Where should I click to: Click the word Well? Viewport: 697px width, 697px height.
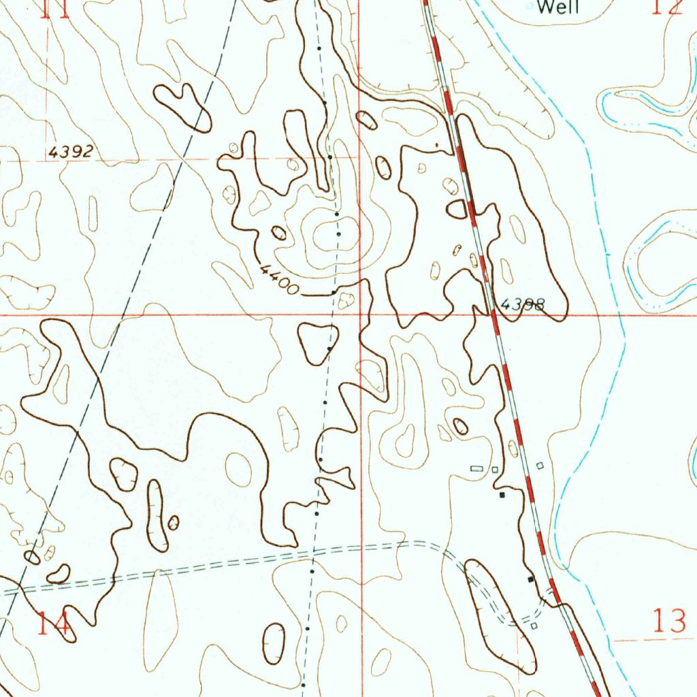pyautogui.click(x=558, y=8)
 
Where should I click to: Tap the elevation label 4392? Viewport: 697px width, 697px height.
pyautogui.click(x=70, y=152)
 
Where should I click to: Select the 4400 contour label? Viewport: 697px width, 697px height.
pyautogui.click(x=279, y=280)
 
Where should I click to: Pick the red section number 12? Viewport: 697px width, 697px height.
pyautogui.click(x=666, y=7)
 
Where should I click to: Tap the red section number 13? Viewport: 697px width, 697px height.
pyautogui.click(x=670, y=621)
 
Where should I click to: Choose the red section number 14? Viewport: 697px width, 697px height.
pyautogui.click(x=53, y=623)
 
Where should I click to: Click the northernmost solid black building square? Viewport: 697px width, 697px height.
pyautogui.click(x=502, y=495)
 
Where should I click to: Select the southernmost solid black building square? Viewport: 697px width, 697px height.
pyautogui.click(x=531, y=579)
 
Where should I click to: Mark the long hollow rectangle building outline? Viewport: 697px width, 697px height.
pyautogui.click(x=476, y=468)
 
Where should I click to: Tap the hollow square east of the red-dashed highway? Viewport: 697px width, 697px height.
pyautogui.click(x=540, y=466)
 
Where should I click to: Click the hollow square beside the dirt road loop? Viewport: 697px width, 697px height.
pyautogui.click(x=534, y=626)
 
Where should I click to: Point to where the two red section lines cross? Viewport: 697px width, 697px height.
pyautogui.click(x=360, y=315)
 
